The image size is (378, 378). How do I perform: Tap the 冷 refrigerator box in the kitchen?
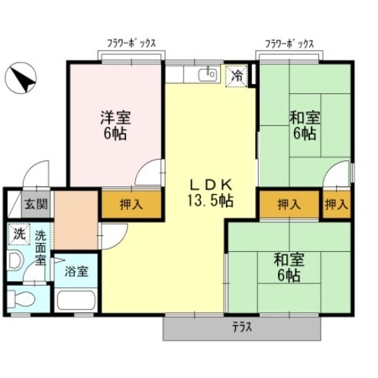pyautogui.click(x=237, y=76)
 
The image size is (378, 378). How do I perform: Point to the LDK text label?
pyautogui.click(x=210, y=184)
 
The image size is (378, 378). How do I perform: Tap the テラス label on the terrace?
pyautogui.click(x=242, y=328)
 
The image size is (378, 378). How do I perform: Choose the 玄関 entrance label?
pyautogui.click(x=34, y=204)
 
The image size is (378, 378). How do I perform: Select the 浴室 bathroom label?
pyautogui.click(x=75, y=270)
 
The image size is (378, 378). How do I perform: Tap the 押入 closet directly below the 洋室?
pyautogui.click(x=131, y=204)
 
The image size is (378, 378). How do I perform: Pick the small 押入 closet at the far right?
pyautogui.click(x=336, y=205)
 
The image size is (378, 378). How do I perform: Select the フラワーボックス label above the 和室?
pyautogui.click(x=289, y=44)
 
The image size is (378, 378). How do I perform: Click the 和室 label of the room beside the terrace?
pyautogui.click(x=289, y=260)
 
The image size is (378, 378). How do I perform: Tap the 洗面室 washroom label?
pyautogui.click(x=40, y=247)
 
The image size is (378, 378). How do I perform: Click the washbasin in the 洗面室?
pyautogui.click(x=15, y=260)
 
